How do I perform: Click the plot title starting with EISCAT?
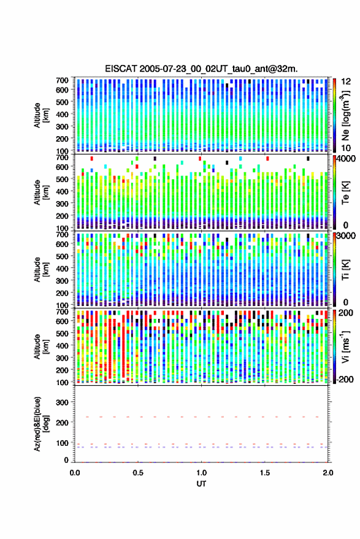coord(201,69)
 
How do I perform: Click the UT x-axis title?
coord(202,484)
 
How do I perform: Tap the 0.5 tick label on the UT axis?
coord(138,473)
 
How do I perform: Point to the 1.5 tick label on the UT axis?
coord(265,473)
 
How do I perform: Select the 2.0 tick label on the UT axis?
coord(328,473)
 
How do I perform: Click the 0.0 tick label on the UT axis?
coord(75,473)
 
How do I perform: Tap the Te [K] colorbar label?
coord(345,193)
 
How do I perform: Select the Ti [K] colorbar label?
coord(345,270)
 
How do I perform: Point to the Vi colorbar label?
coord(345,347)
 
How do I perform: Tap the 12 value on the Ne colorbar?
coord(345,82)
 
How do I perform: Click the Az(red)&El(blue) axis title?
coord(41,424)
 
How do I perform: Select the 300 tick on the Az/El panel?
coord(63,402)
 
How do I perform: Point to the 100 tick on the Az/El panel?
coord(63,443)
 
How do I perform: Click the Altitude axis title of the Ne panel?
coord(41,115)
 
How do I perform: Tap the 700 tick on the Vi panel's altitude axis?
coord(63,312)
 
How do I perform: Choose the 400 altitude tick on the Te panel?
coord(63,191)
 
